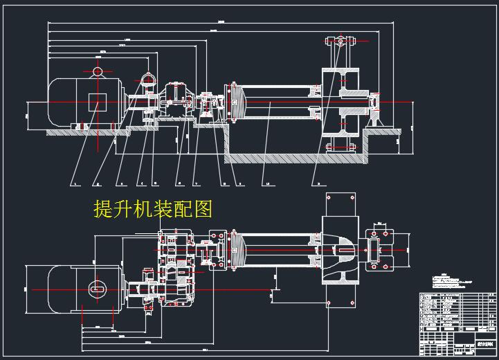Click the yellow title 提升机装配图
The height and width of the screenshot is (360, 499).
tap(152, 208)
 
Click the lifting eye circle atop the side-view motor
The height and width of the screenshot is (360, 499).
tap(97, 71)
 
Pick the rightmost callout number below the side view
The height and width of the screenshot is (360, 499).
tap(318, 184)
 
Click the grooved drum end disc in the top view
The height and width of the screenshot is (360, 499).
tap(236, 250)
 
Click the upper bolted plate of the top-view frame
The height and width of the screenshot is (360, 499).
tap(339, 205)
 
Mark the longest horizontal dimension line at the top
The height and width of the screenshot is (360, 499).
tap(221, 23)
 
